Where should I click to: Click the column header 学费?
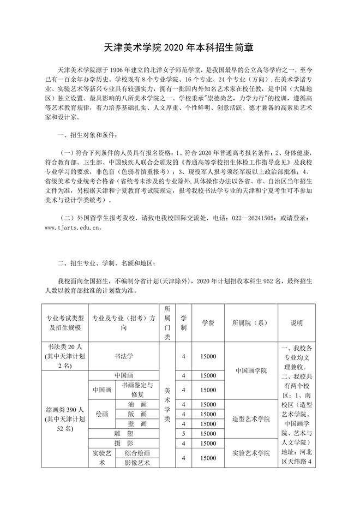coord(207,323)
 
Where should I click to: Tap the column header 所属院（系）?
coord(251,323)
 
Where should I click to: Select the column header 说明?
coord(296,323)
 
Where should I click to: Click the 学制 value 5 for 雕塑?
coord(184,433)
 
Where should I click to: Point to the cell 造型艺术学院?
coord(251,419)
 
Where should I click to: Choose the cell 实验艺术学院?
coord(251,453)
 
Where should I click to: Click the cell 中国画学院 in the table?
coord(251,370)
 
